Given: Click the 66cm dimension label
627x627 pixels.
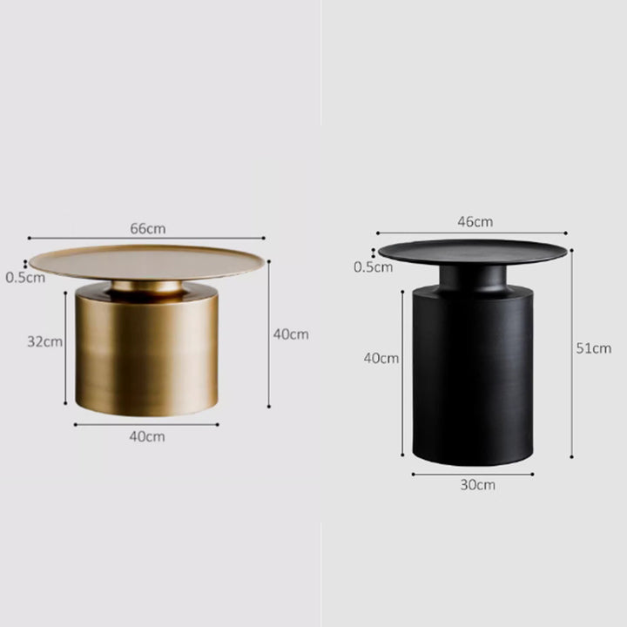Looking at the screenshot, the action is [x=147, y=229].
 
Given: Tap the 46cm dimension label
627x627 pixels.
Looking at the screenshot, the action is [x=475, y=221].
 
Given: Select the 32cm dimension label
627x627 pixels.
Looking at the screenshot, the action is [x=44, y=342].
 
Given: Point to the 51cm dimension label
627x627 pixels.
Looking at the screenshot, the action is [x=593, y=348].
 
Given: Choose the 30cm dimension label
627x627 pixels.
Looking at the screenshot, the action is [x=477, y=485].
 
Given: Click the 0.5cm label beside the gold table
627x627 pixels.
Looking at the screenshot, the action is [x=25, y=278].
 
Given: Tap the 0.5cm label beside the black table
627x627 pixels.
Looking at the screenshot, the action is [x=373, y=266].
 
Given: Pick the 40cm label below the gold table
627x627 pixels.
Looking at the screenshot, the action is [x=147, y=436].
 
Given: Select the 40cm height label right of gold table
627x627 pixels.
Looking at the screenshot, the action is [x=291, y=334].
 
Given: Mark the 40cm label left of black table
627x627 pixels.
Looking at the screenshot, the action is [x=381, y=358].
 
